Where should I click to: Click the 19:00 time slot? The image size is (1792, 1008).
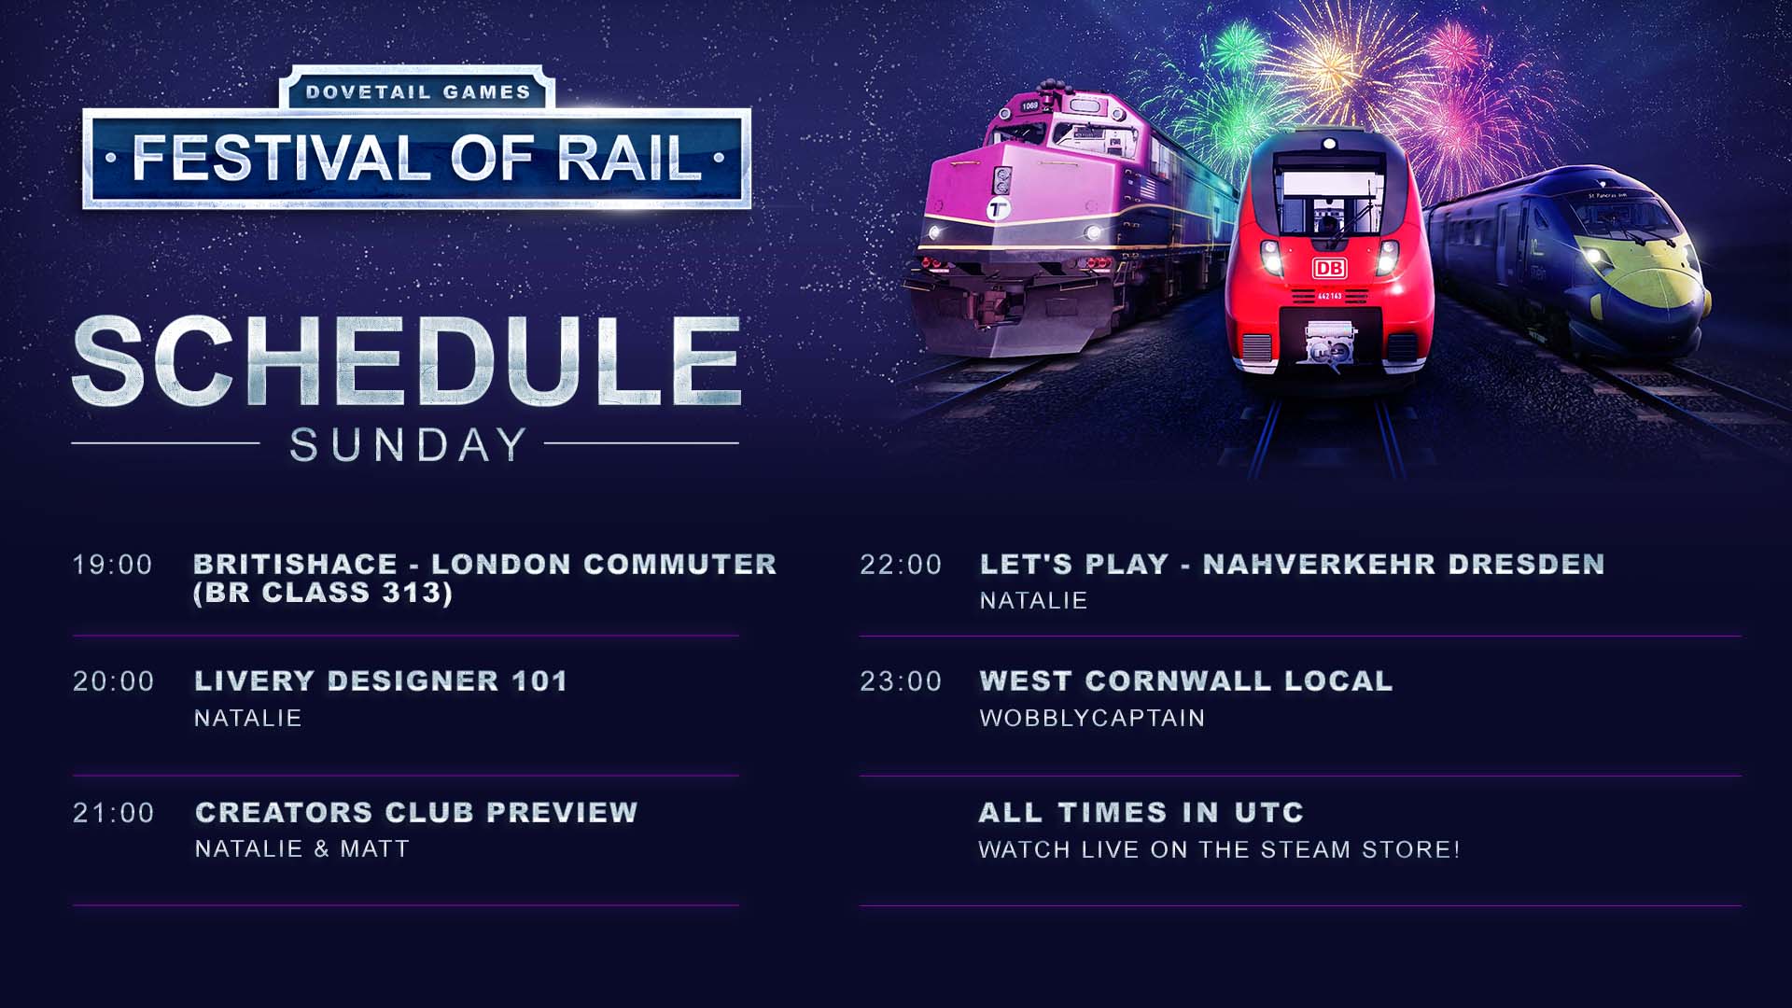[113, 565]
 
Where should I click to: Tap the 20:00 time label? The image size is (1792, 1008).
[114, 681]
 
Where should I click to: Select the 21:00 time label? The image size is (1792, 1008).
[114, 813]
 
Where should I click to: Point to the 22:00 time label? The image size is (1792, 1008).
[901, 565]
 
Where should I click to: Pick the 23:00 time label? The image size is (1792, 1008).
[901, 681]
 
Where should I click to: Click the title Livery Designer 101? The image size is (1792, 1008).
[381, 680]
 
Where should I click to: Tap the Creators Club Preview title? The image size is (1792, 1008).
[416, 812]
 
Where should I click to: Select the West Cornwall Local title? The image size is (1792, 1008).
[1186, 680]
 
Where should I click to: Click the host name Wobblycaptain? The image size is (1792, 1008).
[1092, 718]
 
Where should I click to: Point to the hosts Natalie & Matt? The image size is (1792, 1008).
[302, 848]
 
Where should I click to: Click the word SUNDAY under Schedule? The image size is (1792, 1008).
[408, 445]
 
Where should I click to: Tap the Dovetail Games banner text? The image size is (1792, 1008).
[417, 92]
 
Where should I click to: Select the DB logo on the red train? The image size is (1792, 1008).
[1329, 269]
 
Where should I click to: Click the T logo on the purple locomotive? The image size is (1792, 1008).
[998, 210]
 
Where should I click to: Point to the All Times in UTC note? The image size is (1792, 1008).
[1141, 812]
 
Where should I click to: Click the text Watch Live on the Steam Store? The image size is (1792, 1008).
[1219, 849]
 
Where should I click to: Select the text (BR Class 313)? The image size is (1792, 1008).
[323, 593]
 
